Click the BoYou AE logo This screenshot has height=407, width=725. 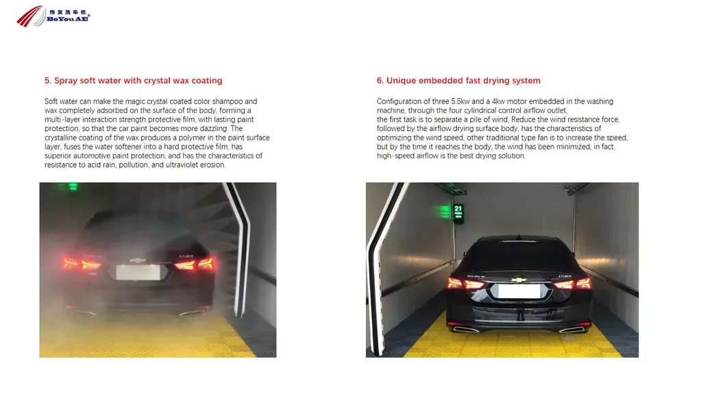coord(53,16)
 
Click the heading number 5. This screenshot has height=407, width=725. coord(47,81)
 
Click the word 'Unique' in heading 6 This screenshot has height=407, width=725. coord(402,81)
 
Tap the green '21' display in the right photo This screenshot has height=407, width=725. coord(458,209)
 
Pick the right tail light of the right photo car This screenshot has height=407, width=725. coord(574,283)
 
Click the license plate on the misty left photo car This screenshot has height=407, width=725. coord(139,272)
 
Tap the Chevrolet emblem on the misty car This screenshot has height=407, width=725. coord(139,260)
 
